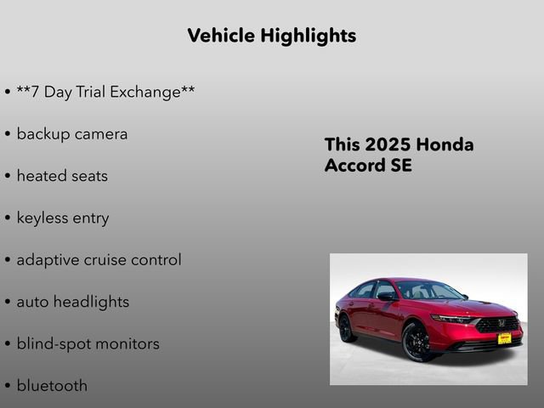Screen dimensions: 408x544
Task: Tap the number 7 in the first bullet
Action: [35, 92]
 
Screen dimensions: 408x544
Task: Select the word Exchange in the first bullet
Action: [150, 92]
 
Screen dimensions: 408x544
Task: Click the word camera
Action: [100, 134]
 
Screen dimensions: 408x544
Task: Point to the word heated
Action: [42, 176]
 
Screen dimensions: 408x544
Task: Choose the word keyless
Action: [43, 218]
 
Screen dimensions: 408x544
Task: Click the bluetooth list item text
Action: [52, 386]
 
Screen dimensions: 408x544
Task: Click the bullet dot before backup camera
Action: [8, 135]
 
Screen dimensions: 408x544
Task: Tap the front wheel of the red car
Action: [417, 341]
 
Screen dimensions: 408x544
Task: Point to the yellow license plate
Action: [504, 337]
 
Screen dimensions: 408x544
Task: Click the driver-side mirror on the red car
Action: [387, 297]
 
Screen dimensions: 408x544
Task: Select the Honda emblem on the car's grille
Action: [501, 324]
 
